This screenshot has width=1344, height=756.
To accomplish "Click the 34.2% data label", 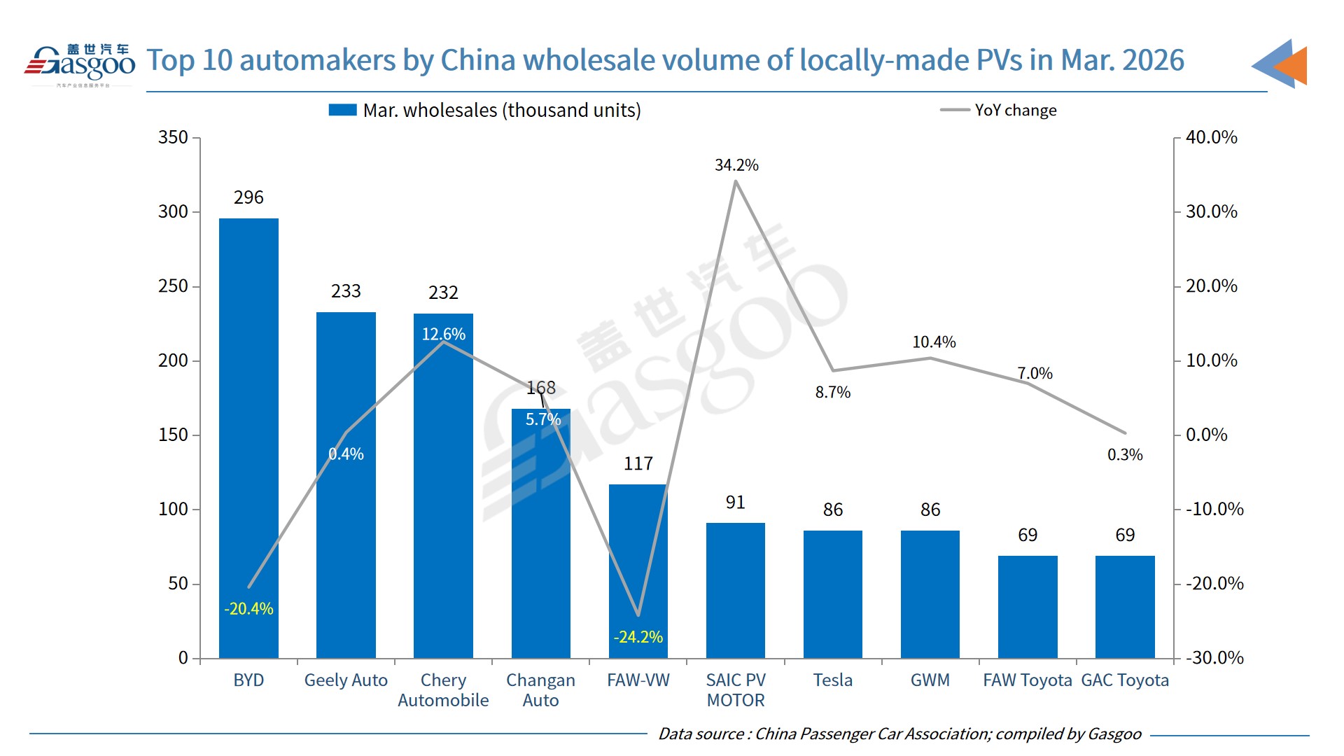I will pyautogui.click(x=736, y=165).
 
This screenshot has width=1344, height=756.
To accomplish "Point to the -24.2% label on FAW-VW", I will pyautogui.click(x=638, y=637).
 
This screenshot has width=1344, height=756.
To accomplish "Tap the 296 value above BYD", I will pyautogui.click(x=248, y=197).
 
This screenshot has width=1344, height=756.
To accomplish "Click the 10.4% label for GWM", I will pyautogui.click(x=934, y=342).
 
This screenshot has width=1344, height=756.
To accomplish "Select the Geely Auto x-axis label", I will pyautogui.click(x=346, y=680).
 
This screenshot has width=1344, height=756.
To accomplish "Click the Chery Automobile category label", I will pyautogui.click(x=443, y=690).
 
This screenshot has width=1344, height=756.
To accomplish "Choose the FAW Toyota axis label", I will pyautogui.click(x=1027, y=680).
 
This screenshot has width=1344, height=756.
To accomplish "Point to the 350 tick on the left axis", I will pyautogui.click(x=173, y=137).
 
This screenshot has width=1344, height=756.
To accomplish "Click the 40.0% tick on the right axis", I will pyautogui.click(x=1211, y=137).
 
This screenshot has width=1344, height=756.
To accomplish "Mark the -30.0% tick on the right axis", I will pyautogui.click(x=1214, y=658).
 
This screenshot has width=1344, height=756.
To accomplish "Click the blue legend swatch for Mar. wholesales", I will pyautogui.click(x=343, y=111).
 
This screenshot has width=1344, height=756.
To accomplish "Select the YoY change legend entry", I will pyautogui.click(x=1015, y=111).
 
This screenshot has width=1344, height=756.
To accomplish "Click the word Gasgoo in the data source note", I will pyautogui.click(x=1114, y=734).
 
